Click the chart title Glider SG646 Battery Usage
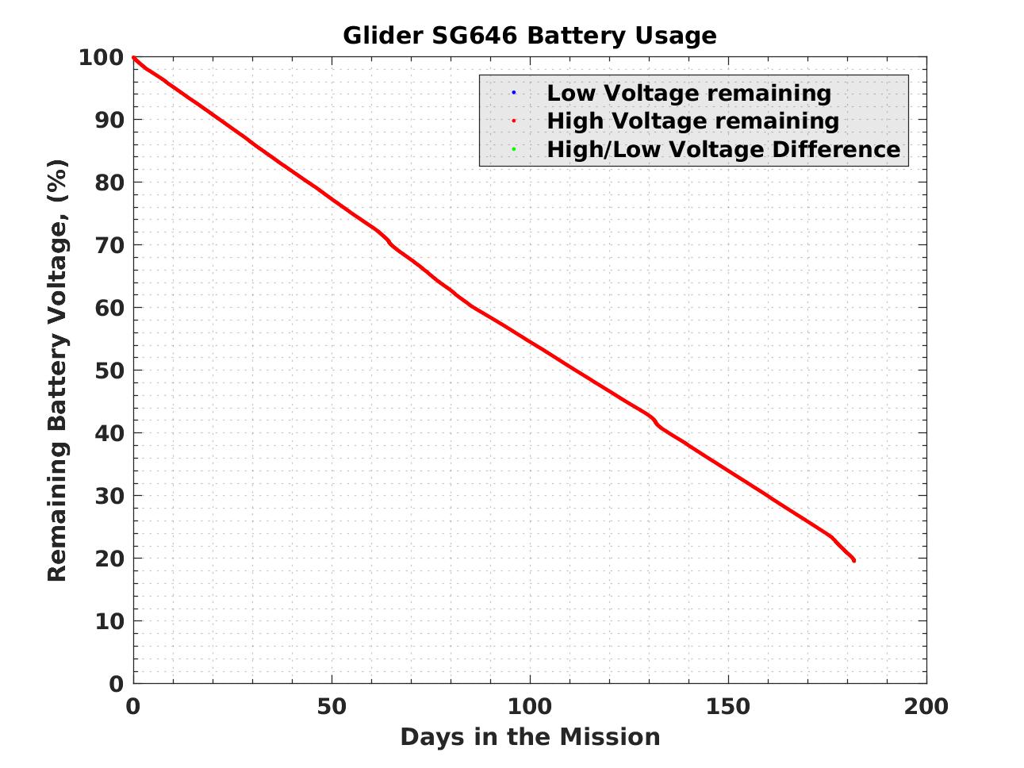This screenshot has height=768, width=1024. coord(529,36)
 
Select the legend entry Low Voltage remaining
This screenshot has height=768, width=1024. coord(688,93)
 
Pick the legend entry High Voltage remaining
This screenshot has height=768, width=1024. coord(692,121)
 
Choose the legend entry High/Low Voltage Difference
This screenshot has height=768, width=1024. coord(723,149)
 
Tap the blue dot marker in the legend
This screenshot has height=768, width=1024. coord(513,93)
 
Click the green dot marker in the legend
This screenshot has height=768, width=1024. coord(513,149)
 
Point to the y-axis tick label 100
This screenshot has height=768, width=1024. coord(101,57)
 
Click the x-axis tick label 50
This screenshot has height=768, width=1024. coord(332,706)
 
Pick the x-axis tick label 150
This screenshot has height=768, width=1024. coord(728,706)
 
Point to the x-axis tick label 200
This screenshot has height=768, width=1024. coord(926,706)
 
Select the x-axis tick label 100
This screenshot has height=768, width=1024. coord(530,706)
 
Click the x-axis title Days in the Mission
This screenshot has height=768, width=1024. coord(530,737)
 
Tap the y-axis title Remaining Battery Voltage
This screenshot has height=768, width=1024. coord(57,371)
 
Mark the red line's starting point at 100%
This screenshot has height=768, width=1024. coord(133,57)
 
